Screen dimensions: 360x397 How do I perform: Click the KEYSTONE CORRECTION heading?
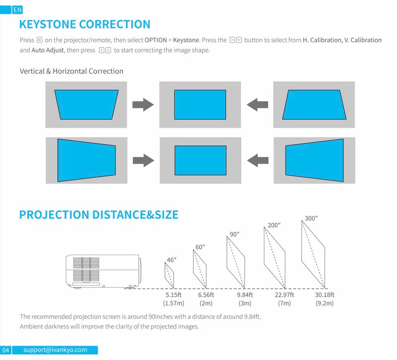(85, 24)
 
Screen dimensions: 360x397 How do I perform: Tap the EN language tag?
(17, 10)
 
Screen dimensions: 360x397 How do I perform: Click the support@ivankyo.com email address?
(55, 350)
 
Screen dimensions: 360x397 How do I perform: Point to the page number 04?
(6, 350)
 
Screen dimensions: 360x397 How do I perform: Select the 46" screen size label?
(171, 260)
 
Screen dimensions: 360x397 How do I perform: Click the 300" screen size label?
(311, 218)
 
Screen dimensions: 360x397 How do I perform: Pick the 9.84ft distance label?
(245, 295)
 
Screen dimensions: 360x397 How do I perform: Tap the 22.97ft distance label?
(284, 295)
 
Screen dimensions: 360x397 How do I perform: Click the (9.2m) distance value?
(324, 303)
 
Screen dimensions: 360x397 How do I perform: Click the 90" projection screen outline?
(236, 262)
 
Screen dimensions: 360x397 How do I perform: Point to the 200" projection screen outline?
(275, 257)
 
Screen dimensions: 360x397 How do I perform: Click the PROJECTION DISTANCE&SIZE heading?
(99, 215)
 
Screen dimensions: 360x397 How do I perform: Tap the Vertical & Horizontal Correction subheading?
(72, 71)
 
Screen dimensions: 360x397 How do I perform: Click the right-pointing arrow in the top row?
(143, 105)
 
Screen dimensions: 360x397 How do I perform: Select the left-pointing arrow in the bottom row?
(257, 160)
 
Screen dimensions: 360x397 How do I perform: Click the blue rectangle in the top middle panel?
(200, 105)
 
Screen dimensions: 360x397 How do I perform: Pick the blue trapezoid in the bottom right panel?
(314, 160)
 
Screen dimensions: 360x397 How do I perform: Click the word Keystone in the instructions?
(186, 40)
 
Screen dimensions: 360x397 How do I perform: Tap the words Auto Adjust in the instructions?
(48, 50)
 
